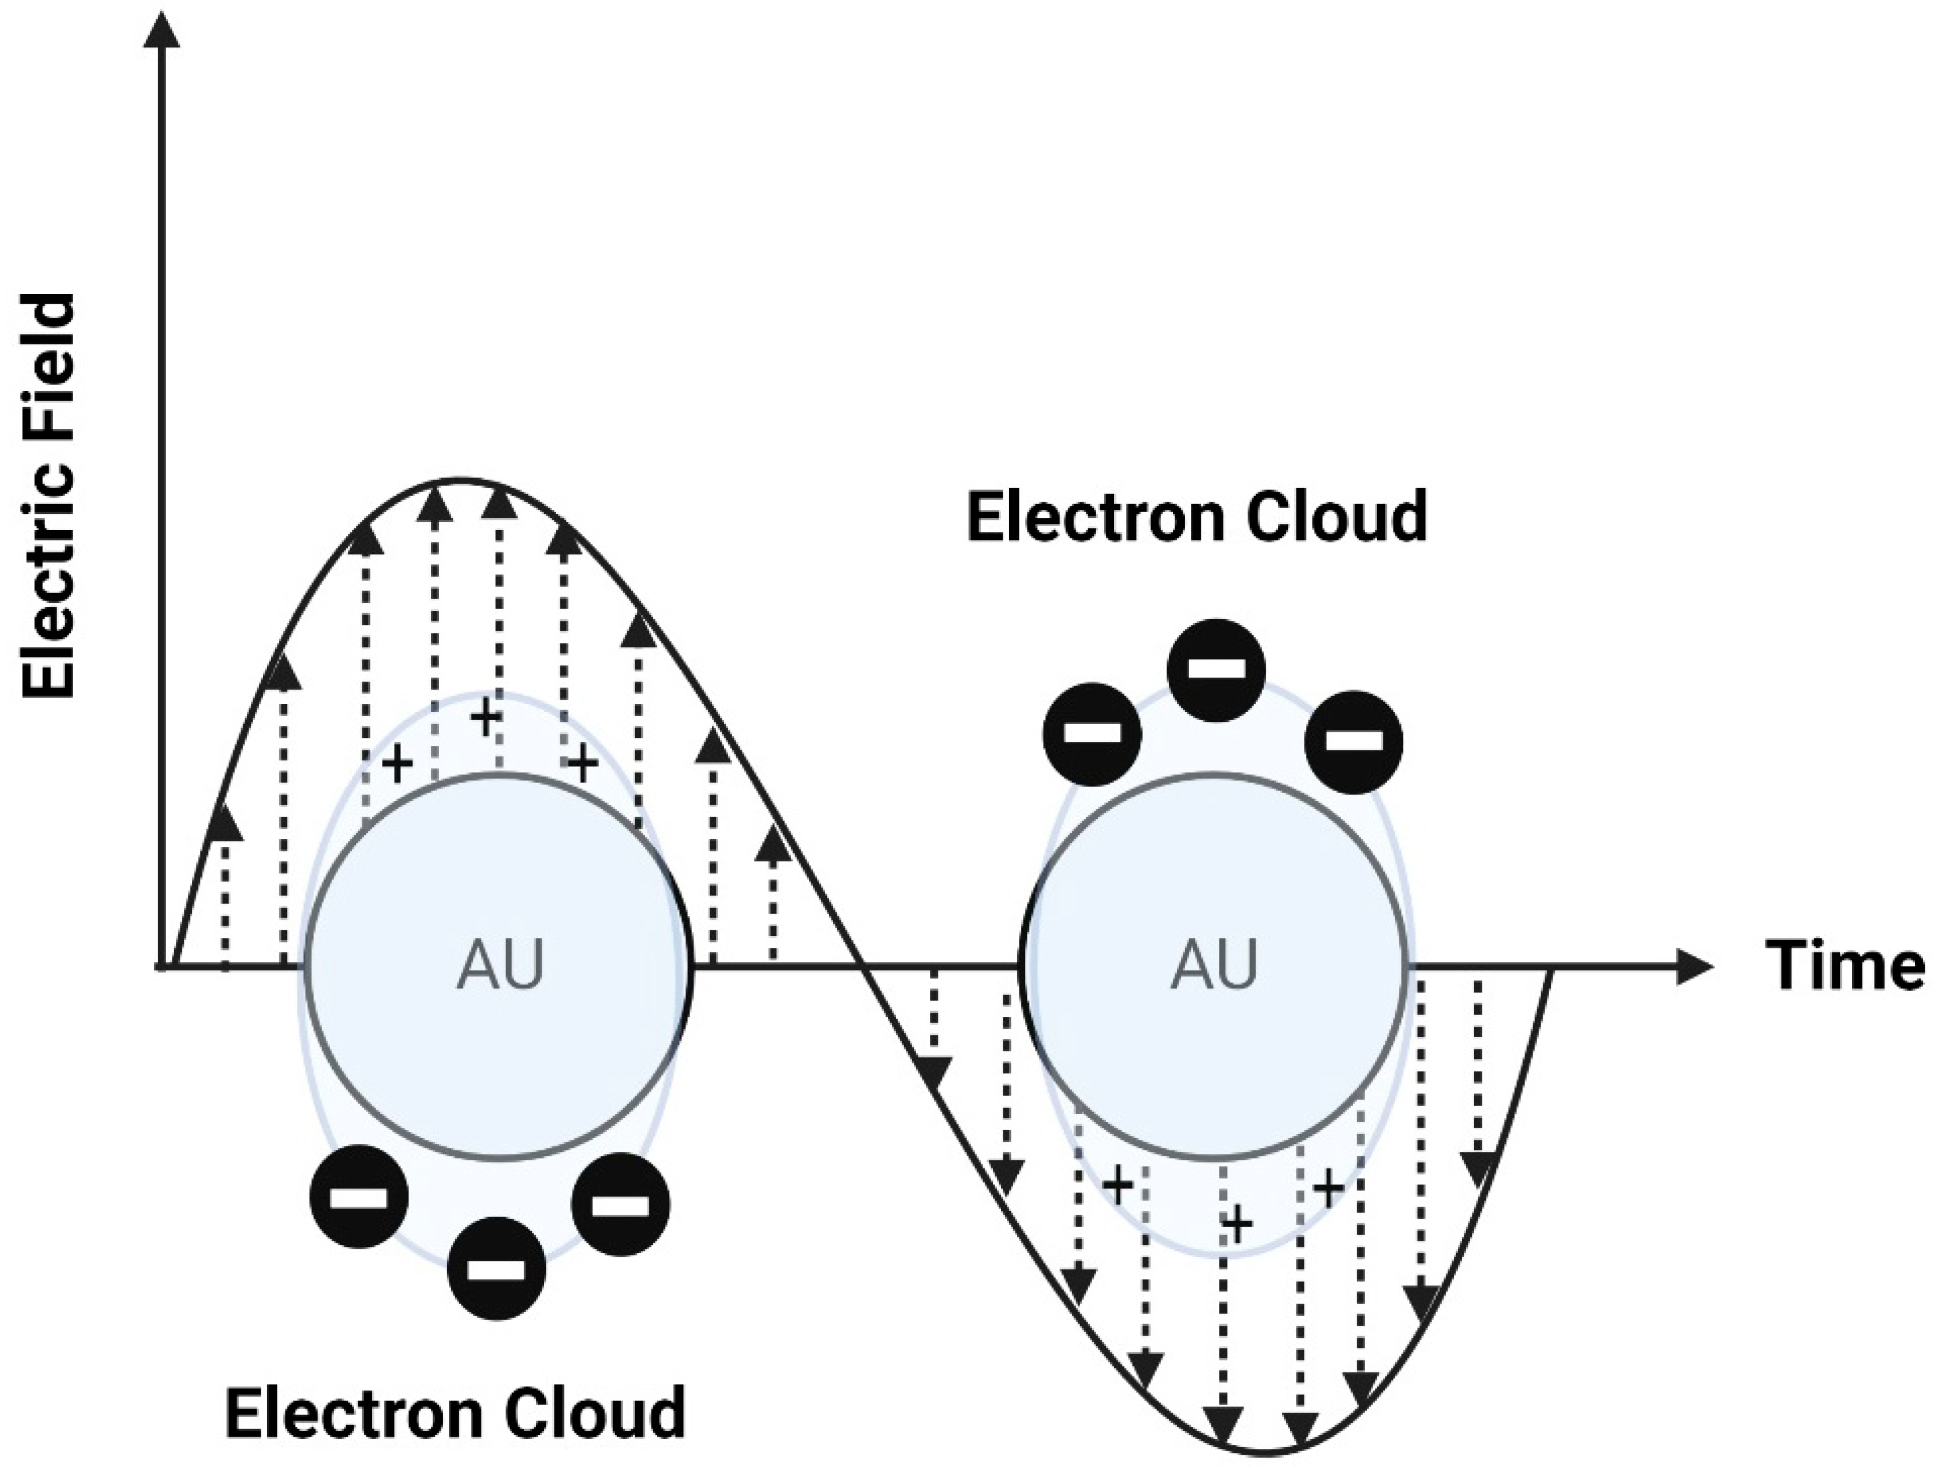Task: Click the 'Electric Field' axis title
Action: [50, 496]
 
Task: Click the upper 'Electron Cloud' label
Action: [1197, 517]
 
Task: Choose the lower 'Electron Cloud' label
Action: [455, 1411]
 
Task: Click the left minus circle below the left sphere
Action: [359, 1197]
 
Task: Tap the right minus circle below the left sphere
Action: [621, 1204]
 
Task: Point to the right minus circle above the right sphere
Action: [1353, 741]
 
